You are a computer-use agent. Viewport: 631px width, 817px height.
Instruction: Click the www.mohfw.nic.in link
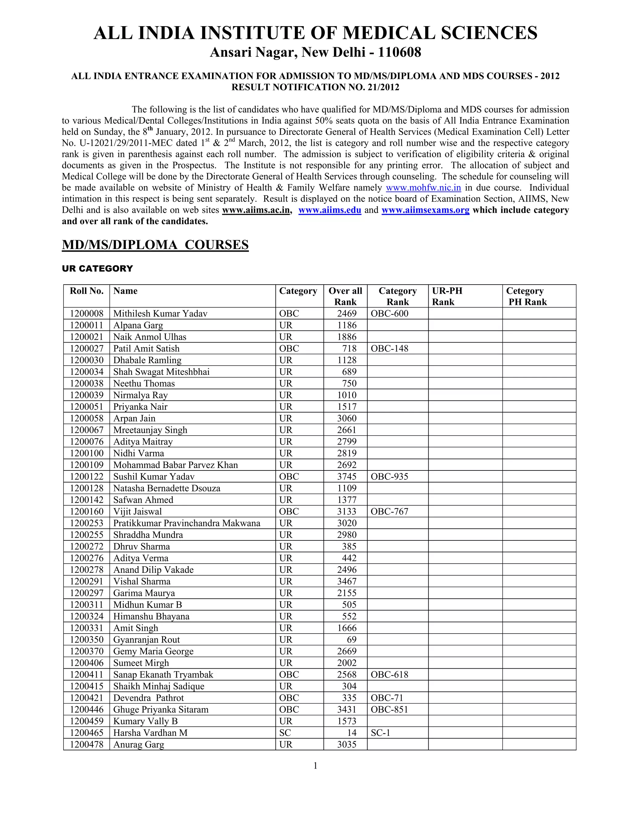(x=423, y=188)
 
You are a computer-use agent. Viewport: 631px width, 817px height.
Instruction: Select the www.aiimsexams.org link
(x=425, y=210)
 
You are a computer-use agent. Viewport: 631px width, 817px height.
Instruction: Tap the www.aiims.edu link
(x=330, y=210)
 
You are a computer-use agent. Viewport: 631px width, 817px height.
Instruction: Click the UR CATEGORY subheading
(x=98, y=269)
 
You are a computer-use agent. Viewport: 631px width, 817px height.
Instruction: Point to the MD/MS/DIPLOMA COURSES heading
(x=155, y=245)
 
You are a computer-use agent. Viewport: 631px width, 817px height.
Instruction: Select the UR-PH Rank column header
(x=447, y=296)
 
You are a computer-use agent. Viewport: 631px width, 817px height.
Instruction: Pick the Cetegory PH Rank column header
(x=526, y=296)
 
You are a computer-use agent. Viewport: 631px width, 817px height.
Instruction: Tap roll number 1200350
(x=87, y=640)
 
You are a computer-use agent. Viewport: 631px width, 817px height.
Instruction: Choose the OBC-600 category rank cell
(x=389, y=314)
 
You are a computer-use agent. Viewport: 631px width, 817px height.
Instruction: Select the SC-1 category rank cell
(x=381, y=733)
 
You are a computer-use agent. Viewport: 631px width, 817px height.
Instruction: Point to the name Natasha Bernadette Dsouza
(x=167, y=488)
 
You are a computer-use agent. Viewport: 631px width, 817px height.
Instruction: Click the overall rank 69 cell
(x=351, y=640)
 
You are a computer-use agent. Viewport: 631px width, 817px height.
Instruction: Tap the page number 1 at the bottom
(x=315, y=766)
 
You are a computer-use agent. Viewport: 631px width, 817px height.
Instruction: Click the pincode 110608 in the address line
(x=400, y=52)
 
